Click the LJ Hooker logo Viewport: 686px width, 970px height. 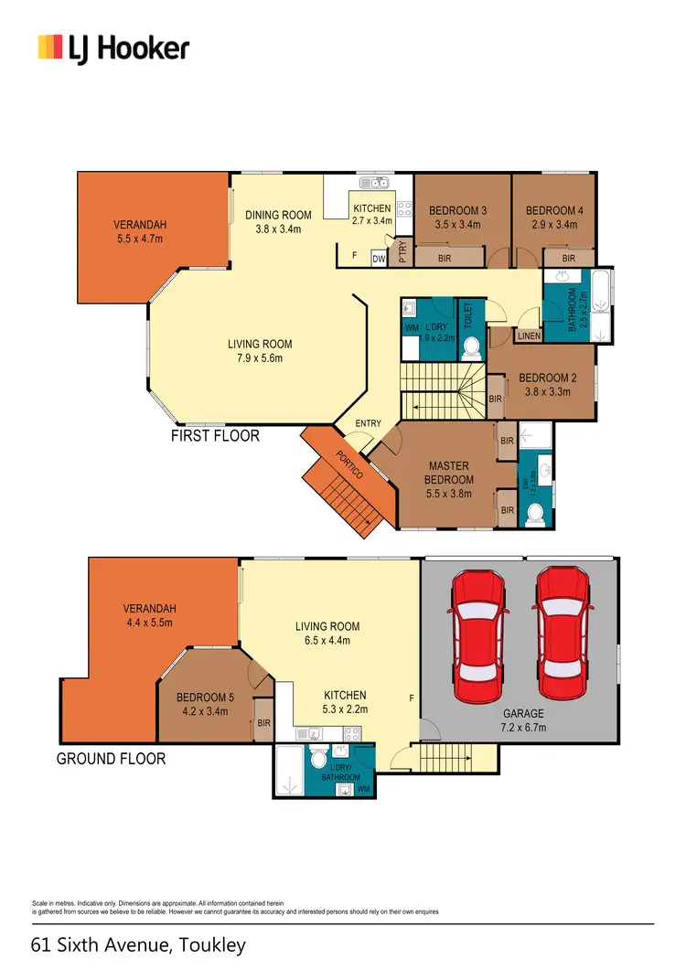113,48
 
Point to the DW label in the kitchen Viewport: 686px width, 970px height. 379,260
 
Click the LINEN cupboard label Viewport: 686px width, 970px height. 529,336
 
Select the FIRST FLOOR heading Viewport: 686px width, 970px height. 215,436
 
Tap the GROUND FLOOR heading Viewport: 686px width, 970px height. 112,759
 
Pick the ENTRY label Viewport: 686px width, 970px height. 370,423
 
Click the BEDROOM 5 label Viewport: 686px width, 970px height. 205,704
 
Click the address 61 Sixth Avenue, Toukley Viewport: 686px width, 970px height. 138,944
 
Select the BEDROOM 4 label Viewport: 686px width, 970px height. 554,217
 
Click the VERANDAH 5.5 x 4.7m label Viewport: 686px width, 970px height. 139,231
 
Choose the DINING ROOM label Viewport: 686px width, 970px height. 278,222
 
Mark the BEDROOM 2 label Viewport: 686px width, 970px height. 544,385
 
